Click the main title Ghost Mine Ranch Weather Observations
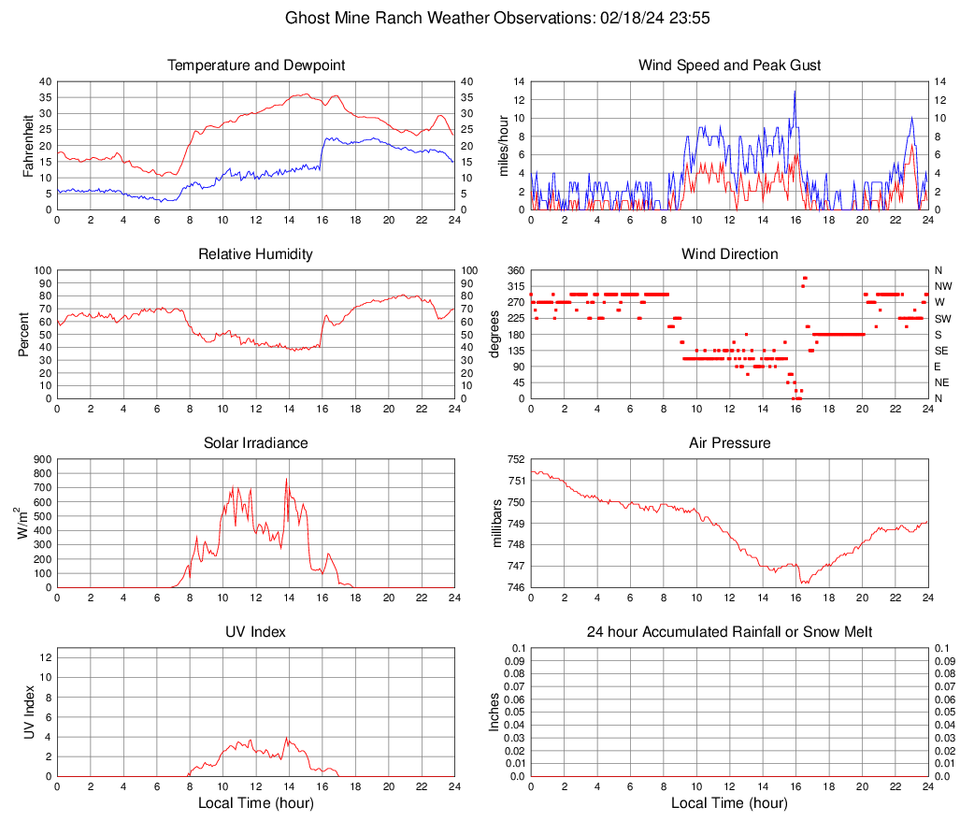pyautogui.click(x=480, y=18)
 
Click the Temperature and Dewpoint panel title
pyautogui.click(x=255, y=65)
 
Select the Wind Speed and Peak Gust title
pyautogui.click(x=729, y=65)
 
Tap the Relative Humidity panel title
pyautogui.click(x=255, y=254)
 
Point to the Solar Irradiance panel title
pyautogui.click(x=255, y=443)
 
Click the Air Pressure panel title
pyautogui.click(x=729, y=443)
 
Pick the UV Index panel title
pyautogui.click(x=255, y=632)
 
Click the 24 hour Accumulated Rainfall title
pyautogui.click(x=729, y=632)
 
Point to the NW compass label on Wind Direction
pyautogui.click(x=943, y=286)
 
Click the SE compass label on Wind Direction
pyautogui.click(x=942, y=351)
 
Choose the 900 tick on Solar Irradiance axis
pyautogui.click(x=42, y=459)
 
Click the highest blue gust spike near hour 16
pyautogui.click(x=795, y=92)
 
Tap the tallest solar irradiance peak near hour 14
pyautogui.click(x=287, y=480)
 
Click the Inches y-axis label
pyautogui.click(x=495, y=712)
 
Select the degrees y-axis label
pyautogui.click(x=495, y=334)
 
